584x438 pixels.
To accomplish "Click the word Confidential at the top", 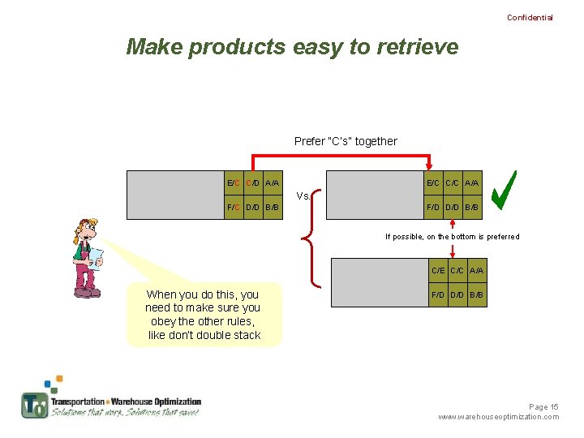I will pyautogui.click(x=530, y=17).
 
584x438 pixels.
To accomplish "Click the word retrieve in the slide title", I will pyautogui.click(x=417, y=47).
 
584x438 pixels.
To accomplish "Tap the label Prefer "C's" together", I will pyautogui.click(x=346, y=141).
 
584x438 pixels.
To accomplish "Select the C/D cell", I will pyautogui.click(x=252, y=183).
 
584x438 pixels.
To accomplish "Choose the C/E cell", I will pyautogui.click(x=438, y=270).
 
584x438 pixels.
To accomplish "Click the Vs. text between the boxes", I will pyautogui.click(x=303, y=195).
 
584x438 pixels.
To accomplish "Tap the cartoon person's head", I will pyautogui.click(x=84, y=230).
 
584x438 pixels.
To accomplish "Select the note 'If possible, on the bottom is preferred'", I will pyautogui.click(x=452, y=237).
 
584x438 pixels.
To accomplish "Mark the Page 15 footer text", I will pyautogui.click(x=543, y=406).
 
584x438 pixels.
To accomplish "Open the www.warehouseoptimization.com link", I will pyautogui.click(x=498, y=417).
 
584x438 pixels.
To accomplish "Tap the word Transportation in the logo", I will pyautogui.click(x=78, y=401).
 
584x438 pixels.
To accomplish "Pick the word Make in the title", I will pyautogui.click(x=154, y=47).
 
